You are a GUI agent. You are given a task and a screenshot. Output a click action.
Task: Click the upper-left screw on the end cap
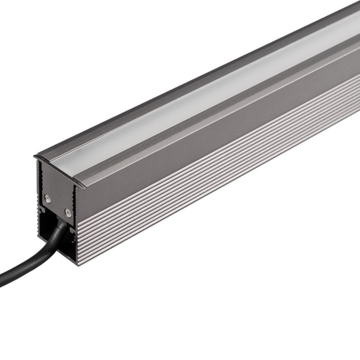tap(48, 197)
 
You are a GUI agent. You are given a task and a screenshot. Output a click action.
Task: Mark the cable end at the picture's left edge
tap(2, 280)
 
